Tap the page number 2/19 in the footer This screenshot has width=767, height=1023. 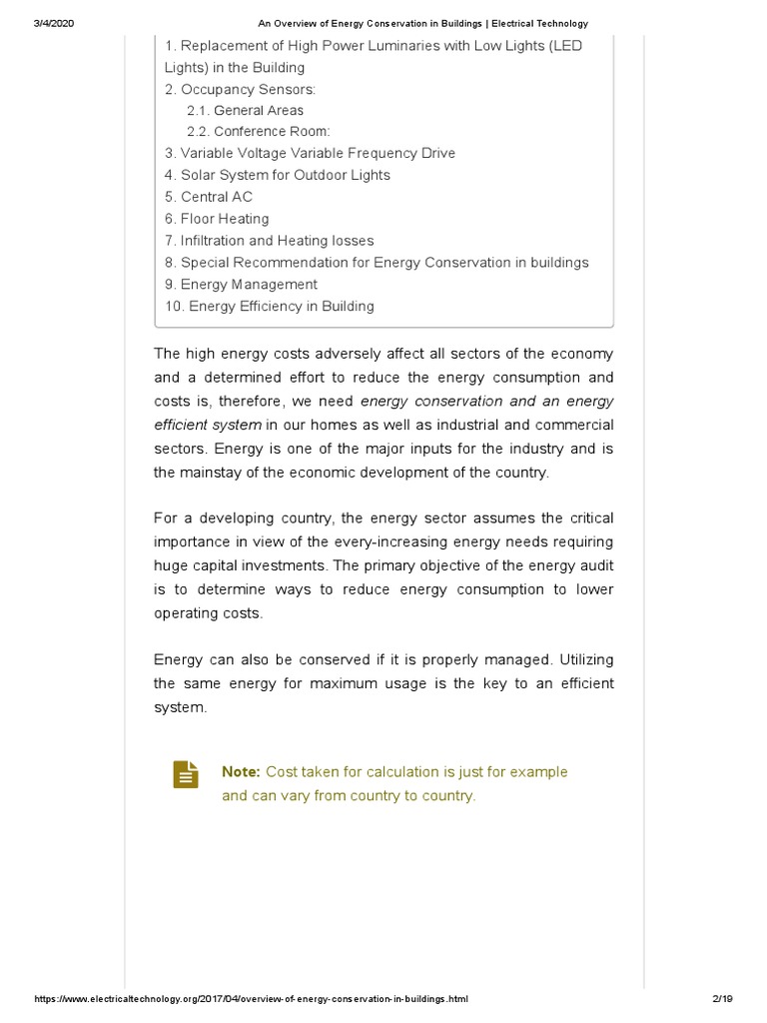pyautogui.click(x=722, y=999)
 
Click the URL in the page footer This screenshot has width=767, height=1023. pyautogui.click(x=251, y=999)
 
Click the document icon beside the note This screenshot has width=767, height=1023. pyautogui.click(x=185, y=774)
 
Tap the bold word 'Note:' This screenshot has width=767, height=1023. pyautogui.click(x=241, y=772)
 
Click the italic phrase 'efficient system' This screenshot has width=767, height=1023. pyautogui.click(x=208, y=425)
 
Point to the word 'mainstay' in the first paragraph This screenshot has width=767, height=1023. pyautogui.click(x=212, y=473)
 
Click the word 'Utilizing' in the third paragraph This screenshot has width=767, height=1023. pyautogui.click(x=586, y=660)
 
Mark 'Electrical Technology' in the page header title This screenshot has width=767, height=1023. pyautogui.click(x=536, y=23)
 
